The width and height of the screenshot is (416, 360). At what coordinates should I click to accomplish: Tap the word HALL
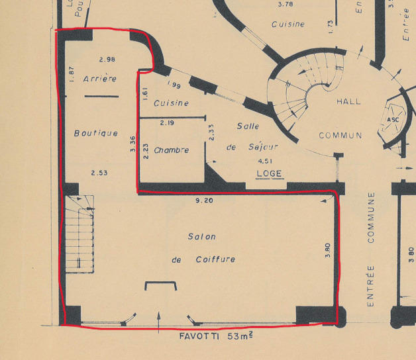pos(349,101)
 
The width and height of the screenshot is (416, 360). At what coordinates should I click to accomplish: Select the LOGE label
pos(270,174)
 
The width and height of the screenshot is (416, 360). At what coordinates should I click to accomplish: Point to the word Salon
pos(201,236)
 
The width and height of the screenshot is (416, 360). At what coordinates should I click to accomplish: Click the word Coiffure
pos(215,259)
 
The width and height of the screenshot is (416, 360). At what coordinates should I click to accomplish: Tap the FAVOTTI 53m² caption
pos(215,336)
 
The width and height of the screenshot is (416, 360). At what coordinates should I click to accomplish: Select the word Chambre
pos(171,150)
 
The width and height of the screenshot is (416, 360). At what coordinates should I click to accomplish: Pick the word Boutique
pos(96,133)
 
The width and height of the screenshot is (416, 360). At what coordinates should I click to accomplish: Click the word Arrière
pos(100,79)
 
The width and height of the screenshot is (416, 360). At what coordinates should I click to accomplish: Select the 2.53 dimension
pos(100,173)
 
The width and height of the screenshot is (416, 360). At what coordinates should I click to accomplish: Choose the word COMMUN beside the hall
pos(340,136)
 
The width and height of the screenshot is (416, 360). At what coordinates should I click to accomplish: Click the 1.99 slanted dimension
pos(175,85)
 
